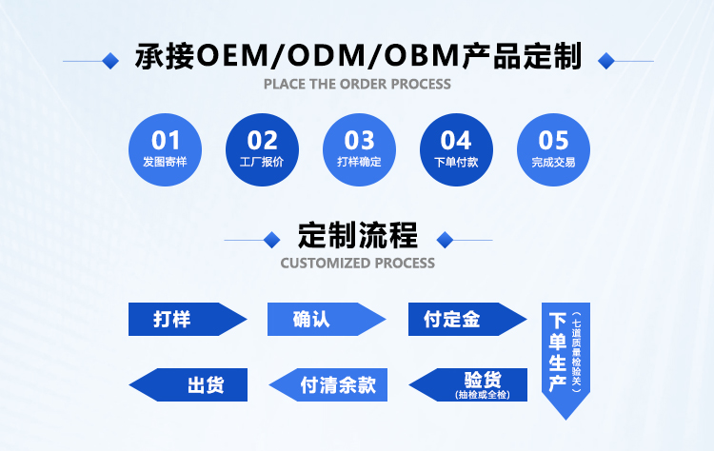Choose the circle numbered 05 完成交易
click(553, 150)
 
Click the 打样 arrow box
click(181, 320)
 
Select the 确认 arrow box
click(320, 320)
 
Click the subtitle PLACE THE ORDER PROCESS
click(357, 84)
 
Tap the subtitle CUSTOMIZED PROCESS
click(358, 263)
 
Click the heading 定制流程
click(357, 235)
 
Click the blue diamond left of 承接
click(110, 60)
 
